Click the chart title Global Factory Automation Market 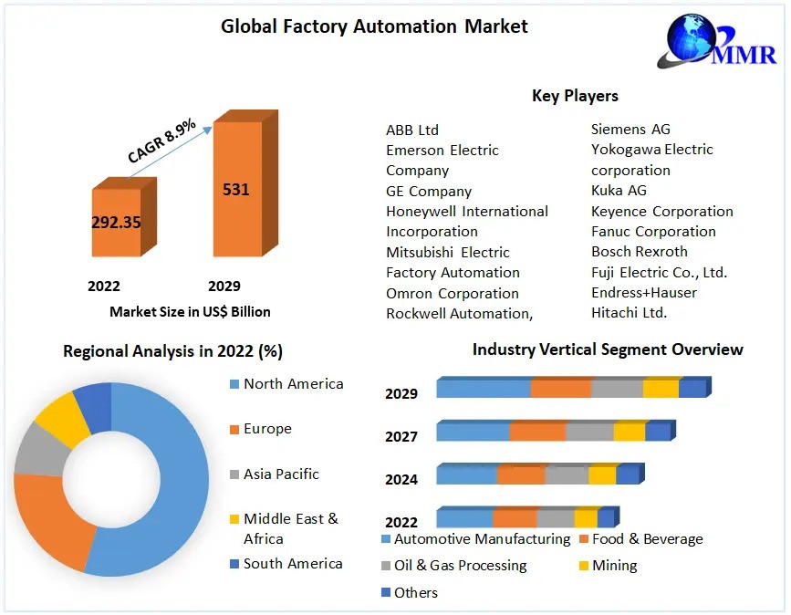[x=374, y=26]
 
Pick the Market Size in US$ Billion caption [x=190, y=311]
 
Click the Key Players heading [x=575, y=96]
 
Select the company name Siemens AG [x=630, y=130]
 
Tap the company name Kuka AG [x=619, y=190]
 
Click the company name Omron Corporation [x=453, y=293]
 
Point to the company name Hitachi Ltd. [x=629, y=312]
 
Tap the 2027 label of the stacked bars [x=401, y=437]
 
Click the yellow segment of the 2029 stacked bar [x=660, y=389]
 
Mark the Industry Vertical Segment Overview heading [x=608, y=349]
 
